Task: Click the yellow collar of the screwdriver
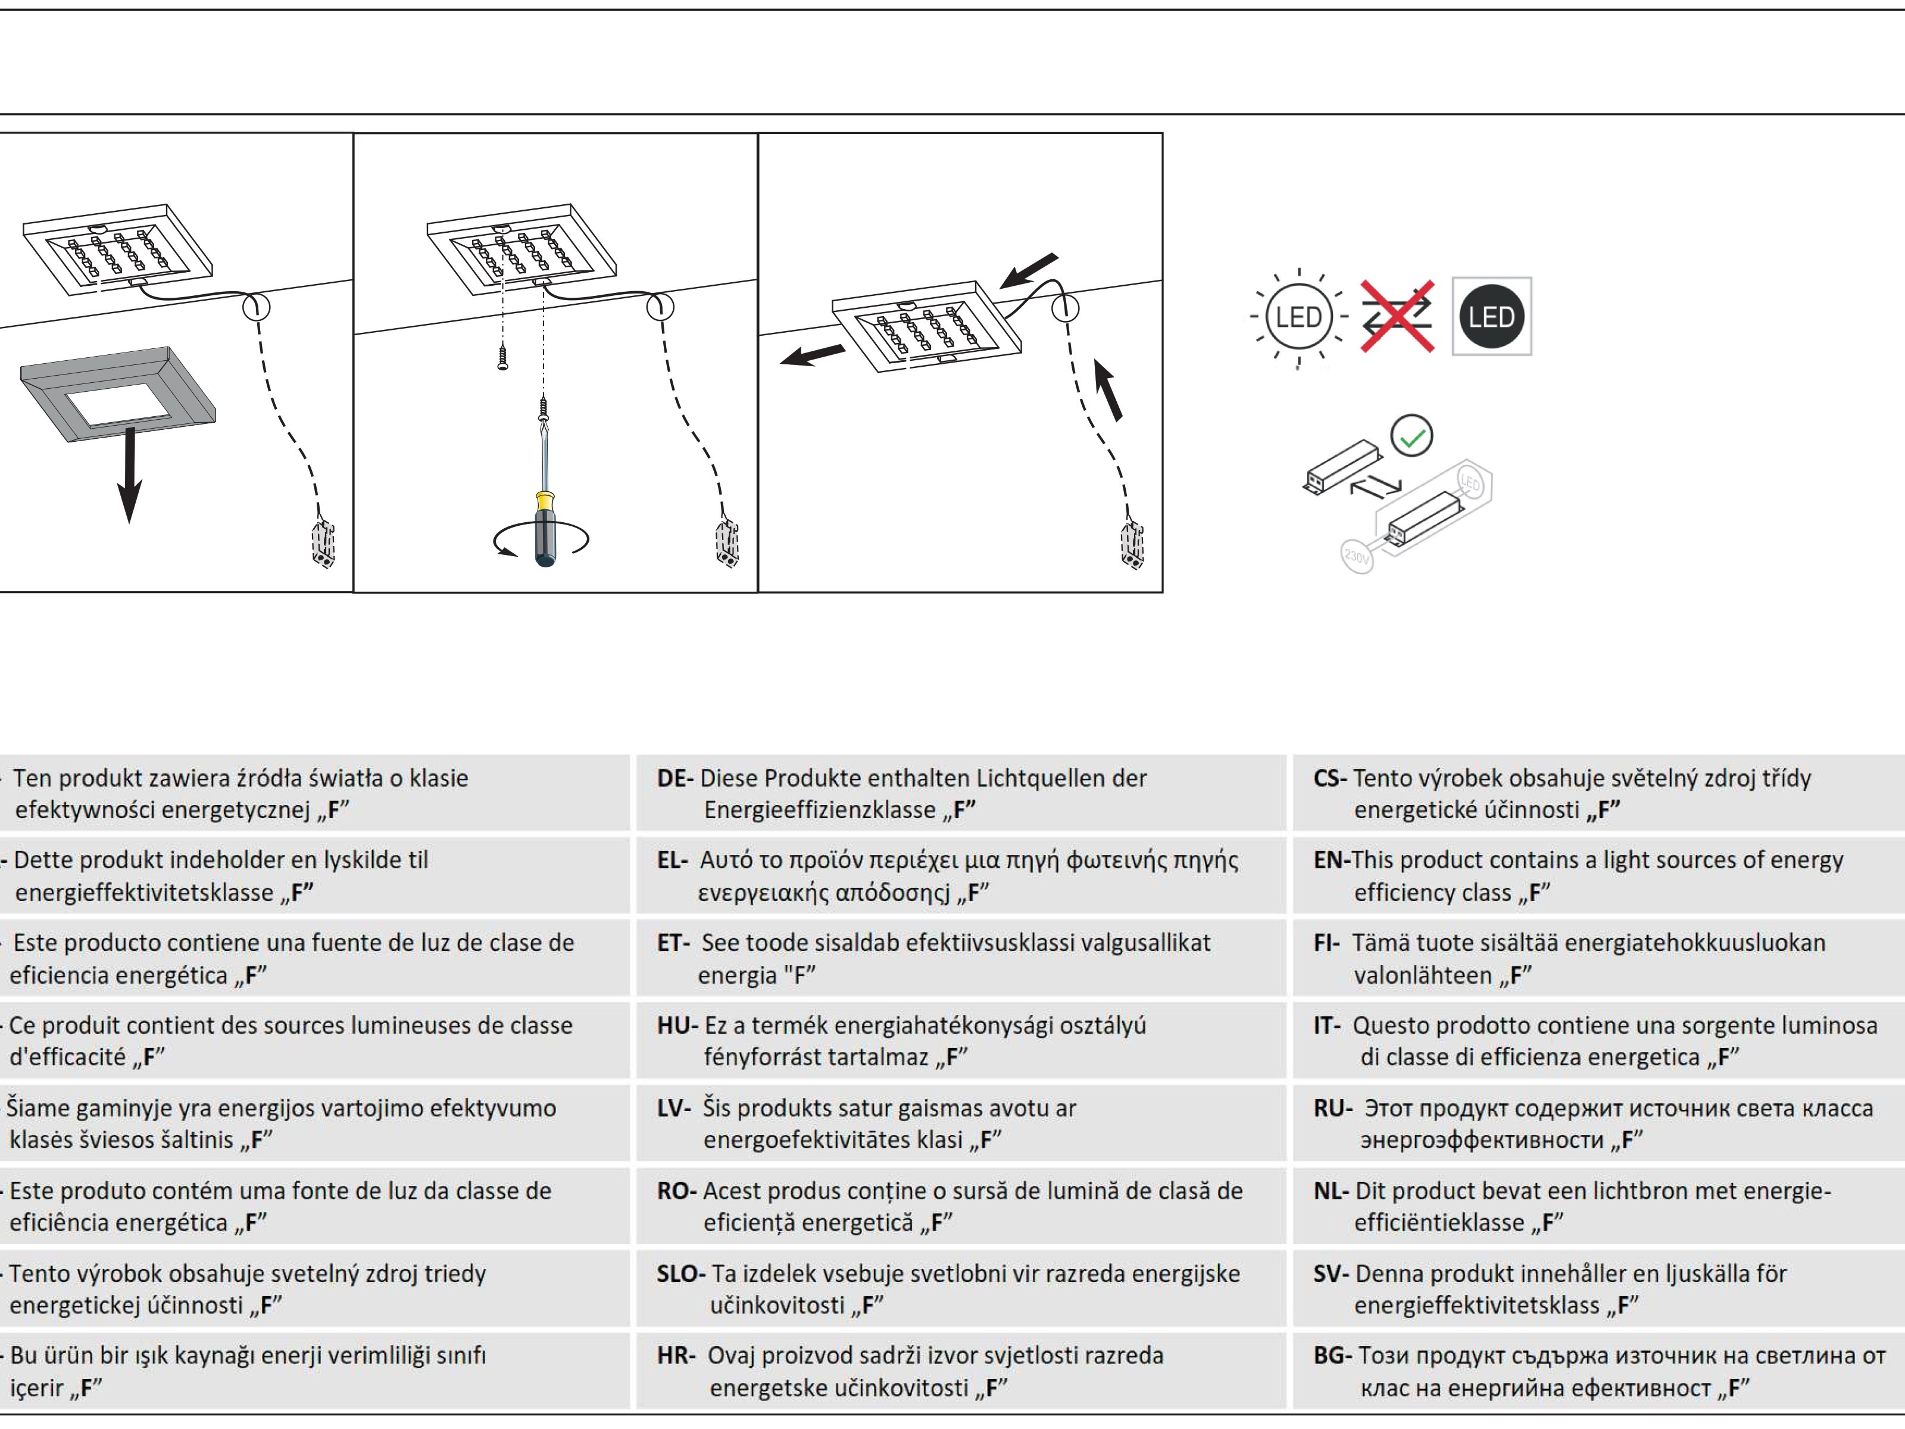pos(544,501)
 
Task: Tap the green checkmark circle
pos(1411,436)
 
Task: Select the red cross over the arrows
pos(1397,316)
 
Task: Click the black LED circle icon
pos(1492,317)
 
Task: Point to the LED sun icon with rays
pos(1298,317)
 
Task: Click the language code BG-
pos(1332,1356)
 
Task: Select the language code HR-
pos(676,1356)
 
